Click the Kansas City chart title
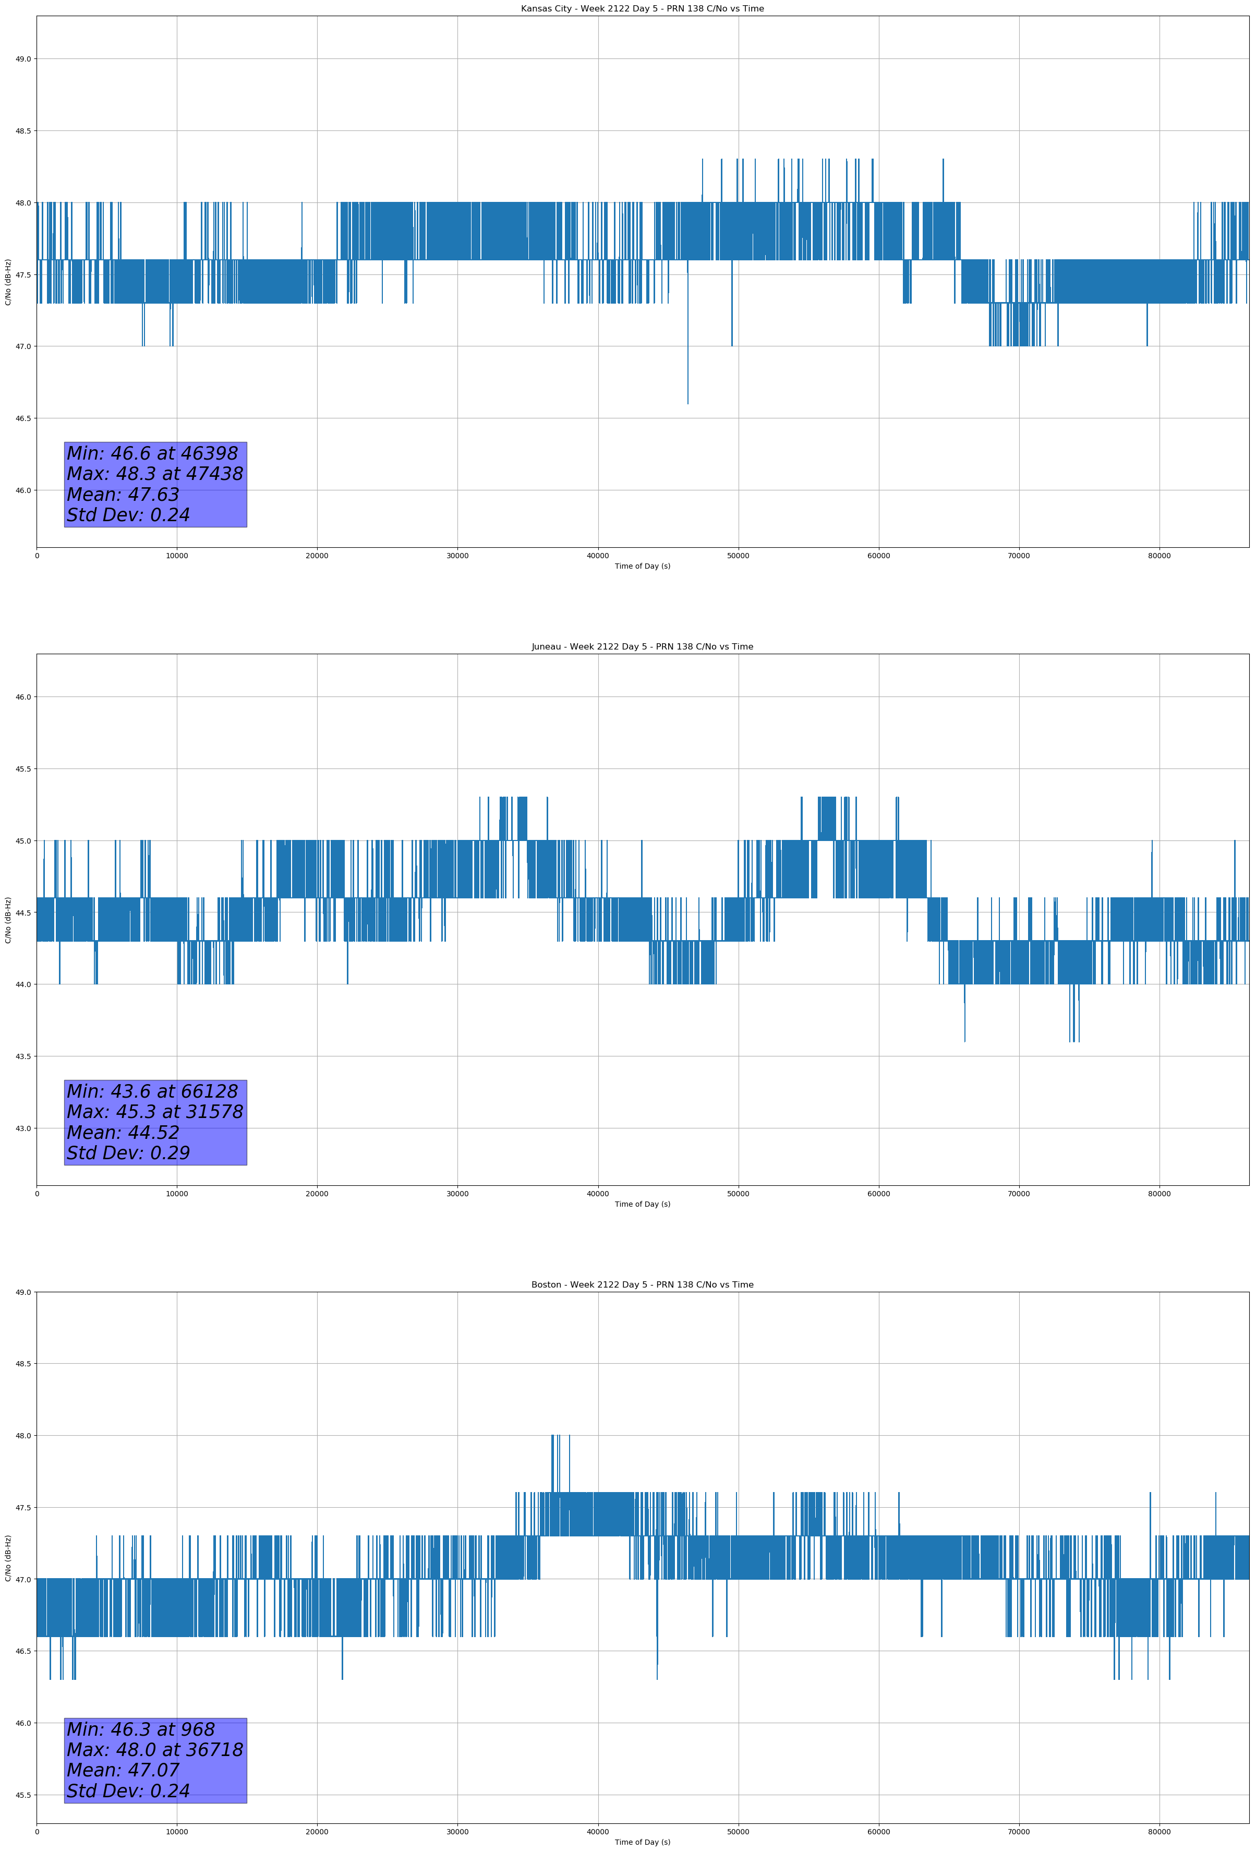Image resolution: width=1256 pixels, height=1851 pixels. click(x=642, y=9)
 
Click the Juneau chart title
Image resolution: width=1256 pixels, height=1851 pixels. click(x=642, y=647)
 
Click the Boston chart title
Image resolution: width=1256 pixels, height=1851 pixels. click(x=642, y=1285)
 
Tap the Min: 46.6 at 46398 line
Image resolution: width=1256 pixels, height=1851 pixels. click(x=152, y=453)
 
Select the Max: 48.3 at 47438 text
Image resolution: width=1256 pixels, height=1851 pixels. click(x=154, y=474)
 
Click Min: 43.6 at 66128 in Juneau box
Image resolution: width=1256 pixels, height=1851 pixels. click(x=152, y=1091)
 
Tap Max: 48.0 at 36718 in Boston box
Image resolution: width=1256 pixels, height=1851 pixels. click(x=154, y=1750)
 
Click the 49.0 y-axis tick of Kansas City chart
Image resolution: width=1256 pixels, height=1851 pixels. click(x=23, y=59)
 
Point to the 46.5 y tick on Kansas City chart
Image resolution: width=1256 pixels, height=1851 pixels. click(x=23, y=418)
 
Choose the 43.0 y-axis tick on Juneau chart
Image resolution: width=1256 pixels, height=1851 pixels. click(x=23, y=1128)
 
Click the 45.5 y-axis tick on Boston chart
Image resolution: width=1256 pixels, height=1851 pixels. click(x=23, y=1795)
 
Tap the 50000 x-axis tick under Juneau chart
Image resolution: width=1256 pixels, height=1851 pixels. click(x=738, y=1194)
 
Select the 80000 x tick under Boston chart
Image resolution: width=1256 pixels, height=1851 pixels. click(x=1159, y=1832)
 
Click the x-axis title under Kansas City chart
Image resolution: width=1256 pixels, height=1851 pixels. click(x=642, y=566)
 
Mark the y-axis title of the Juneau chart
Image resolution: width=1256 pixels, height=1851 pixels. click(x=8, y=920)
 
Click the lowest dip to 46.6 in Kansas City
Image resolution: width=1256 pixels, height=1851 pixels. click(x=687, y=402)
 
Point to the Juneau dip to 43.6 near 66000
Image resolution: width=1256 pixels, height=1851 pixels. click(x=964, y=1039)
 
